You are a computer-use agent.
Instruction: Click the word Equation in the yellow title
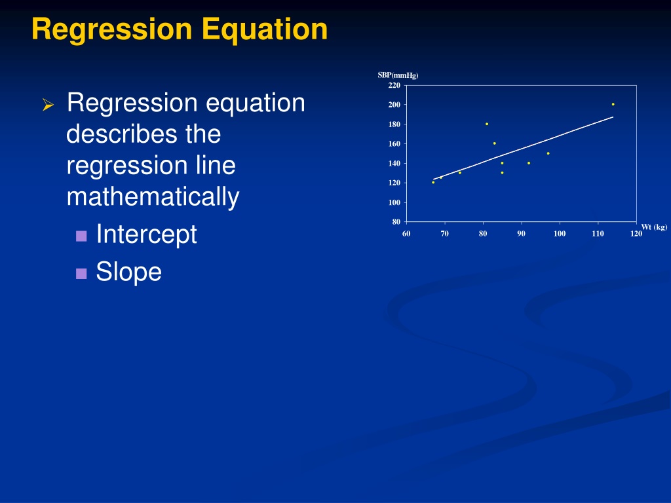[265, 30]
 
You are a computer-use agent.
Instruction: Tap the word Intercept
[146, 235]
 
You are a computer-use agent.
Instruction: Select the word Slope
[129, 272]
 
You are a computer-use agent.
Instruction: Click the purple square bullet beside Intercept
[81, 236]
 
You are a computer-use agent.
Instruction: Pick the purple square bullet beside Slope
[81, 274]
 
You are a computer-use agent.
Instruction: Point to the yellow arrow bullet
[48, 105]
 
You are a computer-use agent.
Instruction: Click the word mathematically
[153, 196]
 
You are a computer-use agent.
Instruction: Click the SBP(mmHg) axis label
[398, 75]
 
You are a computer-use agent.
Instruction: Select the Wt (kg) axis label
[654, 227]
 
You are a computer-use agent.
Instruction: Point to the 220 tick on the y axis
[394, 85]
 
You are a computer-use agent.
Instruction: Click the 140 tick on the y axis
[394, 163]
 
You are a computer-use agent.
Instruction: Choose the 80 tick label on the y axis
[396, 221]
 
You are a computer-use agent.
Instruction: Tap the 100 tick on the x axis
[560, 234]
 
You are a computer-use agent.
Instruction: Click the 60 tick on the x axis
[406, 234]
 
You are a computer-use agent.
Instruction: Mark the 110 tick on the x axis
[598, 234]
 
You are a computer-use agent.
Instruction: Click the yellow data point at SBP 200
[613, 104]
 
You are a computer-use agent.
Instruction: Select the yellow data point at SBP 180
[487, 124]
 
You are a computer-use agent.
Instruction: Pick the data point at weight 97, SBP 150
[548, 153]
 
